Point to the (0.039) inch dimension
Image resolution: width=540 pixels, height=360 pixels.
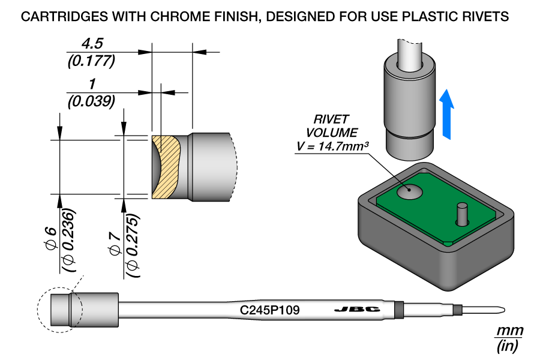coord(91,101)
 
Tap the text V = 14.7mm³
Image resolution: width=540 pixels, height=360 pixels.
coord(332,146)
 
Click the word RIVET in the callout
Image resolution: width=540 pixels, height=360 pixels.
coord(331,119)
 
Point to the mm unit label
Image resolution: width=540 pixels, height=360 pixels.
coord(509,331)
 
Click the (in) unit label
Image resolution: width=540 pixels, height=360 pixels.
coord(508,346)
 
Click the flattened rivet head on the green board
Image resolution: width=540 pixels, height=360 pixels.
coord(410,191)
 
